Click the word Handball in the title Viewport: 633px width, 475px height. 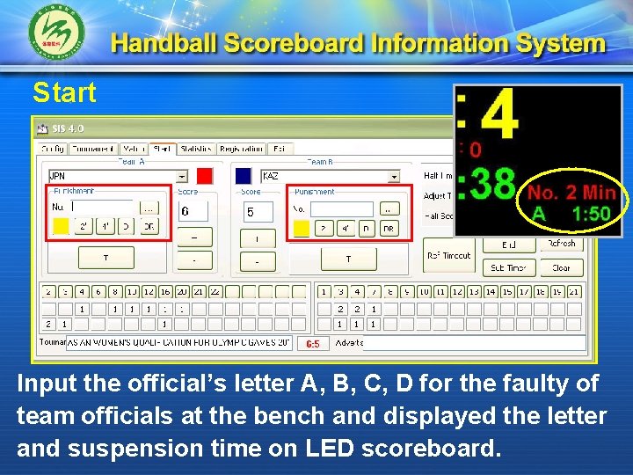point(164,44)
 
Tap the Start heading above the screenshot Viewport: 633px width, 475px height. point(64,91)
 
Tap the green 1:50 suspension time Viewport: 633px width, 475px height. point(591,214)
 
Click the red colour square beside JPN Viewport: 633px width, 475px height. point(205,176)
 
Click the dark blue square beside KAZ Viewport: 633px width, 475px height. point(244,176)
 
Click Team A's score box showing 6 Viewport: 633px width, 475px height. point(193,211)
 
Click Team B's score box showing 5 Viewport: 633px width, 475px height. point(257,212)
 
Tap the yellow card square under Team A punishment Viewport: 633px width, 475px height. point(61,227)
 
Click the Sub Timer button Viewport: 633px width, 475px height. point(508,267)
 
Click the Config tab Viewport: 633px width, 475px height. point(53,150)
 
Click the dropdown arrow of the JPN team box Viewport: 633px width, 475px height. point(182,176)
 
